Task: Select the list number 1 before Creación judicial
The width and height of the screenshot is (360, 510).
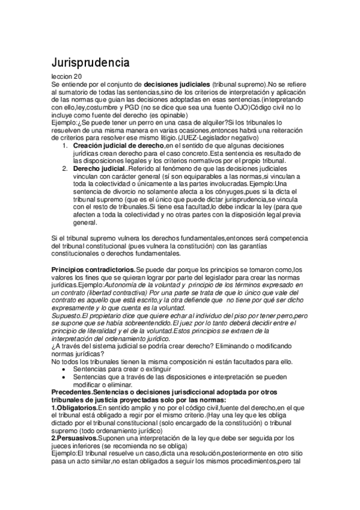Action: [x=65, y=145]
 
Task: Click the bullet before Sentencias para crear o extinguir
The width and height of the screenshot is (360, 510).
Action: [x=65, y=368]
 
